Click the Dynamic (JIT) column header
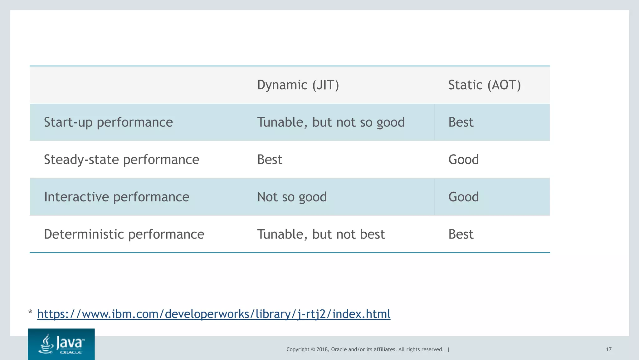pyautogui.click(x=298, y=85)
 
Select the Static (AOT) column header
pyautogui.click(x=484, y=85)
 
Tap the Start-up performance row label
pyautogui.click(x=108, y=122)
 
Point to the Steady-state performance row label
pyautogui.click(x=121, y=160)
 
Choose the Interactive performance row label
pyautogui.click(x=116, y=197)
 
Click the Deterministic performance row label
pyautogui.click(x=124, y=234)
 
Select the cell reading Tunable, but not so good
pyautogui.click(x=331, y=122)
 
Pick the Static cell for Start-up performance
pyautogui.click(x=461, y=122)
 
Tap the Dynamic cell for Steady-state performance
pyautogui.click(x=270, y=160)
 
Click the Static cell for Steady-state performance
pyautogui.click(x=463, y=160)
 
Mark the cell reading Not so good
pyautogui.click(x=292, y=197)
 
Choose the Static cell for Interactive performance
pyautogui.click(x=463, y=197)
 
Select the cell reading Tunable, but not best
pyautogui.click(x=321, y=234)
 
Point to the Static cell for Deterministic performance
pyautogui.click(x=461, y=234)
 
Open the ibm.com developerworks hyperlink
pyautogui.click(x=214, y=314)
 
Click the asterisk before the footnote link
pyautogui.click(x=30, y=312)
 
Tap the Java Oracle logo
pyautogui.click(x=61, y=344)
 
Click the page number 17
pyautogui.click(x=608, y=349)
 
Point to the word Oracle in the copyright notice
pyautogui.click(x=339, y=349)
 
